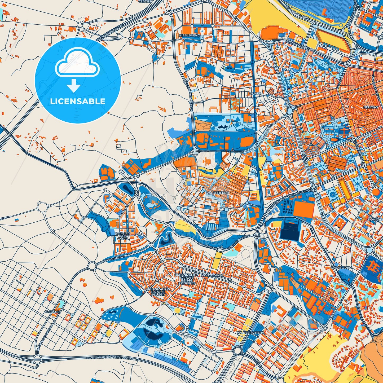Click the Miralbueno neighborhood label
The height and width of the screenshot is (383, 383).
pyautogui.click(x=190, y=35)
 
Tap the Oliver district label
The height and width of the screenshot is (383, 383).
pyautogui.click(x=255, y=94)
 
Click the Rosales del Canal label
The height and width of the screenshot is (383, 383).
pyautogui.click(x=123, y=236)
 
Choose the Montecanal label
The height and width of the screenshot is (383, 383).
pyautogui.click(x=213, y=275)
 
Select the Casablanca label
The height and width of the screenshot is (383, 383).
pyautogui.click(x=341, y=268)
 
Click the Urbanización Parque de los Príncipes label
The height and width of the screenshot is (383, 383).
pyautogui.click(x=187, y=279)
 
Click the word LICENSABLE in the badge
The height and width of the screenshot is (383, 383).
pyautogui.click(x=78, y=101)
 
